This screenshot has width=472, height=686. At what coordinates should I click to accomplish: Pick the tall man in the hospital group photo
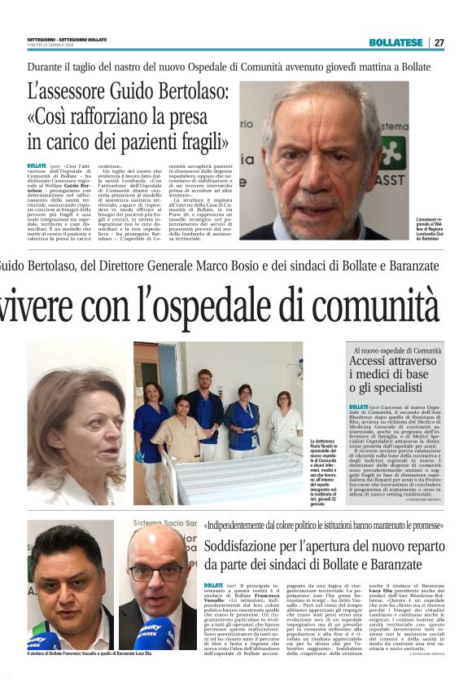point(205,407)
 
